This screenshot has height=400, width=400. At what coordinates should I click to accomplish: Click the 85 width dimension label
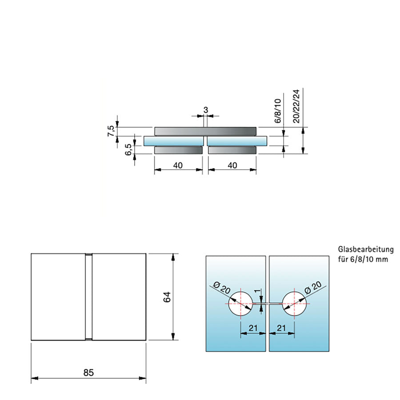[88, 372]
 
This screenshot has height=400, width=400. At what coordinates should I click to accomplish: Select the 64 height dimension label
[167, 297]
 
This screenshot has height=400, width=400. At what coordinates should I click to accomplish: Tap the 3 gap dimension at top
[205, 109]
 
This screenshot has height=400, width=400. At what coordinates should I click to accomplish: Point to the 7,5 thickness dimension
[112, 132]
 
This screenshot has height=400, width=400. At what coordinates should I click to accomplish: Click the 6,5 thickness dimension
[128, 150]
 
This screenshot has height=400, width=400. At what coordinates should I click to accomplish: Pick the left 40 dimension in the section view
[178, 165]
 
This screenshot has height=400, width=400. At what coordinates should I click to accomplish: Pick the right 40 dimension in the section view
[232, 165]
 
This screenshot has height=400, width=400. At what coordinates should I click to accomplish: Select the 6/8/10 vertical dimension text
[277, 111]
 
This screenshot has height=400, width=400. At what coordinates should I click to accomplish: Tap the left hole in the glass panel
[240, 304]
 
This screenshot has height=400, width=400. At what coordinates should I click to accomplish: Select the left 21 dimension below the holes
[253, 328]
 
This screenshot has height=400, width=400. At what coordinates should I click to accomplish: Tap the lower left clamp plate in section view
[178, 150]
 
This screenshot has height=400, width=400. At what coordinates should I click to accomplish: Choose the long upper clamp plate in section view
[205, 131]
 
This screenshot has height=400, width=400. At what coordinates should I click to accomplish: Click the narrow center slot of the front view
[88, 297]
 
